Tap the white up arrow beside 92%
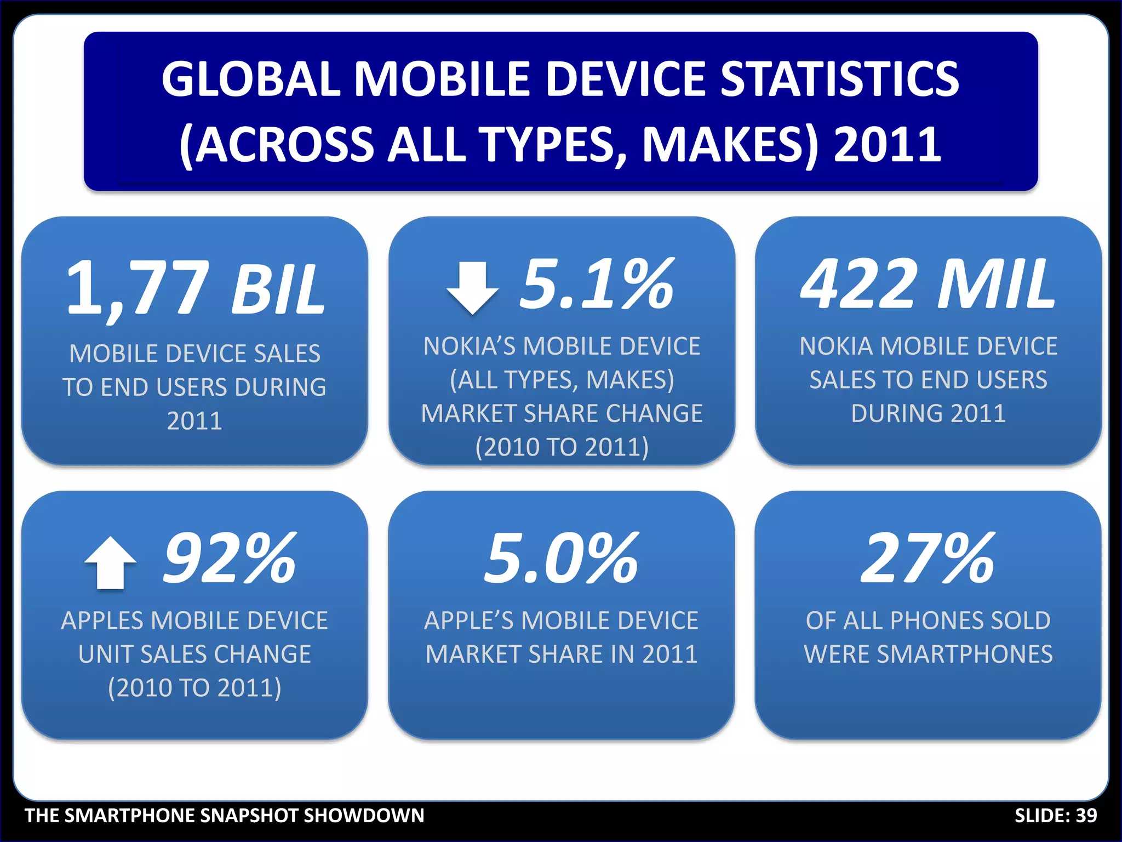[110, 562]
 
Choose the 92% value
[230, 559]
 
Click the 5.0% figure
[561, 559]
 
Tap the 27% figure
[928, 559]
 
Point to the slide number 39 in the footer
[1086, 816]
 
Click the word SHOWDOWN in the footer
[364, 816]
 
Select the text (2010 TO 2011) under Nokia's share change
[562, 447]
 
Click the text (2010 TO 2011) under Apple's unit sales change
[195, 688]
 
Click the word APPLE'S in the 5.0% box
[470, 621]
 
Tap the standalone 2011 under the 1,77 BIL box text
[195, 421]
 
